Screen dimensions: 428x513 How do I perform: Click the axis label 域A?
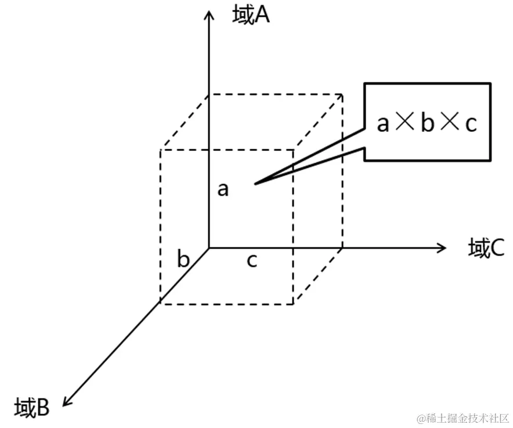251,16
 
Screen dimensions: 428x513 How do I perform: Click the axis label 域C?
486,249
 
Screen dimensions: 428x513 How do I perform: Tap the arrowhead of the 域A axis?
208,13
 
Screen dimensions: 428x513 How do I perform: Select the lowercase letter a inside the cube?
223,189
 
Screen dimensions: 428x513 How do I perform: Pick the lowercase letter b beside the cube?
183,259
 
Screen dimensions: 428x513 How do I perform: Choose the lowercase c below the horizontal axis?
251,261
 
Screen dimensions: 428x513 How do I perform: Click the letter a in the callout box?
382,123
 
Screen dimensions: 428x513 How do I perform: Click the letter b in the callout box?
427,123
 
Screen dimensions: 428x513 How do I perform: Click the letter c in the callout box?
471,123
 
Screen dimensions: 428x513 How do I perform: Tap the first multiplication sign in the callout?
404,123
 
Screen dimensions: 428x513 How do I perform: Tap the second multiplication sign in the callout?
449,123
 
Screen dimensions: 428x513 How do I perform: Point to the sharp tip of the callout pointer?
255,184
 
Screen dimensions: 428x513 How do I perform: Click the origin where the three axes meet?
209,248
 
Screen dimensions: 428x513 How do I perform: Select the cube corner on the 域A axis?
209,93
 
